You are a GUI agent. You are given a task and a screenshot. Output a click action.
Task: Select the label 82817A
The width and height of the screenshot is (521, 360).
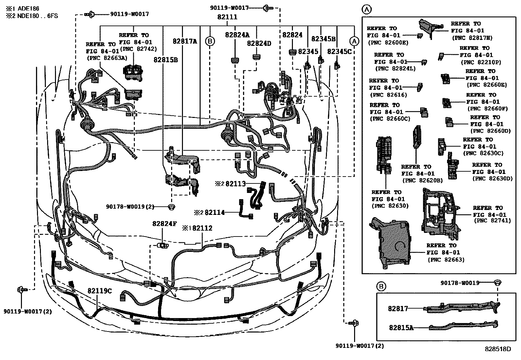point(185,41)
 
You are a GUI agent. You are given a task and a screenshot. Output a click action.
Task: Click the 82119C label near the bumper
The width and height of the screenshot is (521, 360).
point(99,291)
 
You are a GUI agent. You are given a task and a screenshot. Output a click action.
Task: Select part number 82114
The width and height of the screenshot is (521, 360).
point(214,213)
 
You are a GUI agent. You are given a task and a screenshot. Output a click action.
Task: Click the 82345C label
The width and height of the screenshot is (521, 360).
point(339,51)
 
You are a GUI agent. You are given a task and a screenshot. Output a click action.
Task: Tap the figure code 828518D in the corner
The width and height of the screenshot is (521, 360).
point(498,349)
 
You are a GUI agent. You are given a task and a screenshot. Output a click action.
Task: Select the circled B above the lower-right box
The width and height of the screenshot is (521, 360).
point(381,287)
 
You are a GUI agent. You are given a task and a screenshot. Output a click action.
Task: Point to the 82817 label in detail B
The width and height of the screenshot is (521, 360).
point(398,309)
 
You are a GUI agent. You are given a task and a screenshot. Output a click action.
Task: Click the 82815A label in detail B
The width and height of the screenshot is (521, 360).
point(401,327)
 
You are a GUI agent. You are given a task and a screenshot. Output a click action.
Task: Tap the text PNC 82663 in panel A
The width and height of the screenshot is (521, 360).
point(446,260)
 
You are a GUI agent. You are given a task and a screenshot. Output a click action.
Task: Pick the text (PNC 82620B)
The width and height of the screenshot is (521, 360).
point(422,180)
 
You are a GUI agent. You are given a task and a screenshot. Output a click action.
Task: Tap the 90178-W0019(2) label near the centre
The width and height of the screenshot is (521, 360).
point(130,207)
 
